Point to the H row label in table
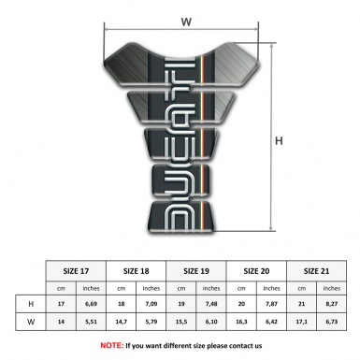point(33,305)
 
